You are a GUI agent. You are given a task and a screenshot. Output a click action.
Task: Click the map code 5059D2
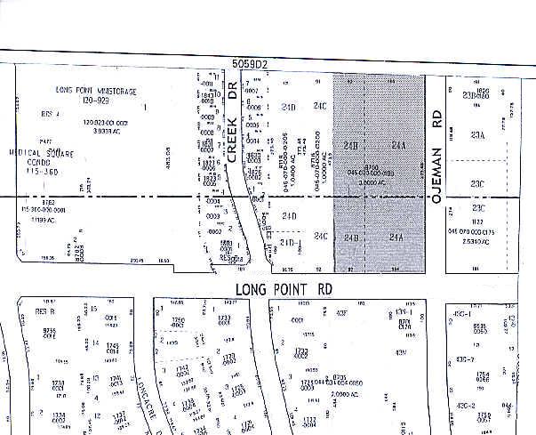(x=251, y=64)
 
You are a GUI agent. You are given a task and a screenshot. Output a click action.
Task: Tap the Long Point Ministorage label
(x=99, y=90)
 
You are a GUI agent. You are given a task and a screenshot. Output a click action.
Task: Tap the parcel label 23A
(x=478, y=135)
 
